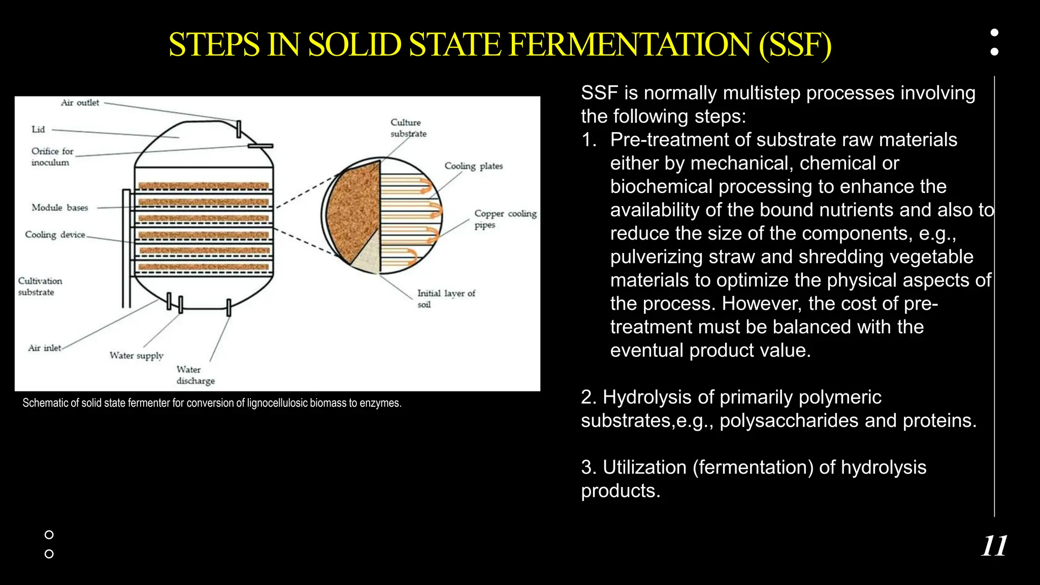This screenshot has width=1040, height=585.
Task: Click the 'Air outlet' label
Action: (80, 103)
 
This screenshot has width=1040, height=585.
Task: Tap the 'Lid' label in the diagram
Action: (38, 129)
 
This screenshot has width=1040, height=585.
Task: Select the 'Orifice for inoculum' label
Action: (52, 156)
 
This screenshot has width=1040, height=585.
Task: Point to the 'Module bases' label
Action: (59, 208)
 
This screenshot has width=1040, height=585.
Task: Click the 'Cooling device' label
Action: (55, 235)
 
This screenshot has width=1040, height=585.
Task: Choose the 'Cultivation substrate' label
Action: (40, 286)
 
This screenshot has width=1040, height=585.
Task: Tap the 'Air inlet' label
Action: (45, 348)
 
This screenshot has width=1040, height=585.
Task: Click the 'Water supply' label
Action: (136, 355)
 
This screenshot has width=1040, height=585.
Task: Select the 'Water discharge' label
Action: (196, 375)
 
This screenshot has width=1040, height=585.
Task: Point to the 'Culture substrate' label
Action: (408, 128)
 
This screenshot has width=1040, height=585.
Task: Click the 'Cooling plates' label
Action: (473, 166)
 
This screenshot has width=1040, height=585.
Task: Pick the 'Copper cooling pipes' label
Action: (505, 219)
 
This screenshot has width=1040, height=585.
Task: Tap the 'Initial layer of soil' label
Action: (446, 299)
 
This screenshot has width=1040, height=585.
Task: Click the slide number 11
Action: (994, 546)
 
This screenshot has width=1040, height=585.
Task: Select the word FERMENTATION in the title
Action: (629, 45)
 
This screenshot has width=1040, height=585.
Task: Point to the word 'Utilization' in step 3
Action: (644, 467)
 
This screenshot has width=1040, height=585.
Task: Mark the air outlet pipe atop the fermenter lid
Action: (238, 129)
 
